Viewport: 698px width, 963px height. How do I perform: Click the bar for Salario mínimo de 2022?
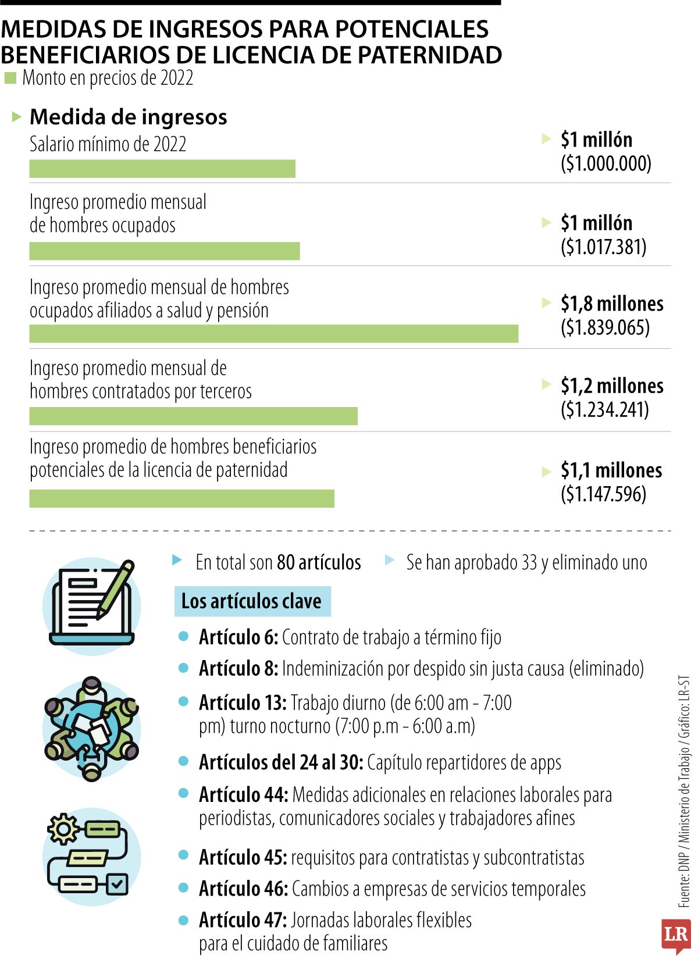162,169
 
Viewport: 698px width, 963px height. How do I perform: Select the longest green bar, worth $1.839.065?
273,334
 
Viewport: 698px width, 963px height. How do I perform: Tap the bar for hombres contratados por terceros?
193,416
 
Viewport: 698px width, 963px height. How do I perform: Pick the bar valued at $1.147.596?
181,499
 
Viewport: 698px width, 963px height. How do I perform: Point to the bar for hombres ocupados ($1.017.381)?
165,251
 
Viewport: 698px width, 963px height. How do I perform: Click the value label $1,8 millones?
612,304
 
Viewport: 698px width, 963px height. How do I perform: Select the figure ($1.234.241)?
604,410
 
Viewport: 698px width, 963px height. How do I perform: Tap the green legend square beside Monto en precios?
10,78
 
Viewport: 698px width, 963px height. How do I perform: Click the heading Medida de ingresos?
128,117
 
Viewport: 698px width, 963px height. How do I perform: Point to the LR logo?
675,935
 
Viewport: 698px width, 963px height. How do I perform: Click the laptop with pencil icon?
92,606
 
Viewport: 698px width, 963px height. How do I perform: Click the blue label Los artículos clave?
251,601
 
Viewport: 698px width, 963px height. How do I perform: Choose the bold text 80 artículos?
319,563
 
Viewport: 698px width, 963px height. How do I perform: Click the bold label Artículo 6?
238,638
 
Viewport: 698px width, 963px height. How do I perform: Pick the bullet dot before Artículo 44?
184,793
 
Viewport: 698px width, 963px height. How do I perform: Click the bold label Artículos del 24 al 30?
281,762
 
